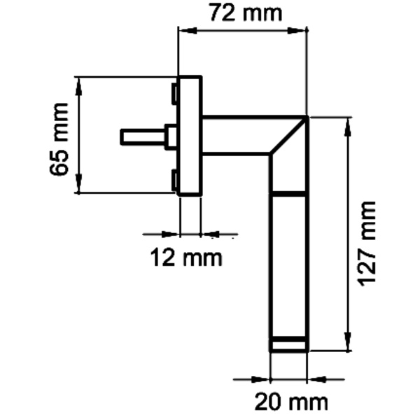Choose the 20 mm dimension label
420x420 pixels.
tap(290, 403)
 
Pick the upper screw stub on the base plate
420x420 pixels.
tap(174, 93)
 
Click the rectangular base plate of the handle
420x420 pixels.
tap(190, 136)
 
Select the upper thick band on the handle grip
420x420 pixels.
tap(288, 192)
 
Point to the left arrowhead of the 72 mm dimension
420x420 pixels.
tap(184, 30)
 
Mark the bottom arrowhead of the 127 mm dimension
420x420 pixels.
tap(348, 346)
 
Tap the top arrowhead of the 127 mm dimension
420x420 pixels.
tap(348, 122)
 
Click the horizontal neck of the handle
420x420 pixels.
tap(238, 134)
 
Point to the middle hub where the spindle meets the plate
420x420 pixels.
tap(170, 136)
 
